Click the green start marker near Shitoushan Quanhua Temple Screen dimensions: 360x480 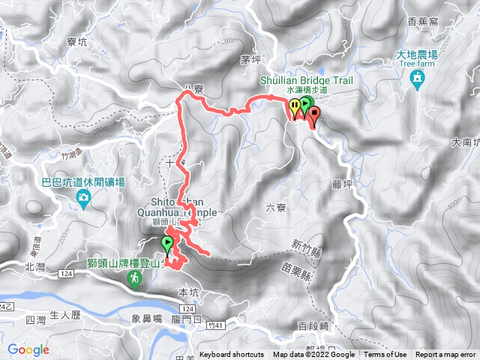click(166, 244)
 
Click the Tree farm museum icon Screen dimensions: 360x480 click(417, 77)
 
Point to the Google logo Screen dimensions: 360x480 click(28, 349)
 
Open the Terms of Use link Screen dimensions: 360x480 click(385, 355)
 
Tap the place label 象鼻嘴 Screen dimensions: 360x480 click(142, 319)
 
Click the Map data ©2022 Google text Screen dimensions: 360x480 click(313, 355)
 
